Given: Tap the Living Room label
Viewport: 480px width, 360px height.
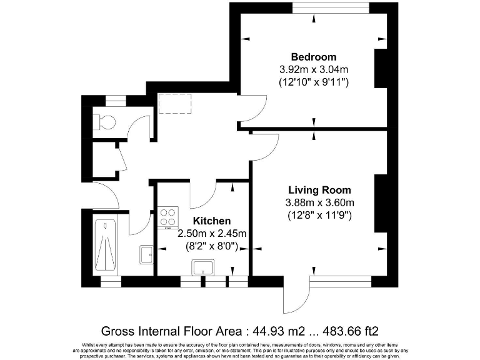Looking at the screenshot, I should [319, 190].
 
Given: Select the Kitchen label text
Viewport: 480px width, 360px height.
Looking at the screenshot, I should [211, 221].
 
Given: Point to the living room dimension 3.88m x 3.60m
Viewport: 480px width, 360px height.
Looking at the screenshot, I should [319, 202].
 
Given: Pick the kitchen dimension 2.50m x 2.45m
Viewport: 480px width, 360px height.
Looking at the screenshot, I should [212, 234].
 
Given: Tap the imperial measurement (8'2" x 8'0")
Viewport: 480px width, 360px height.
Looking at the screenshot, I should [212, 246].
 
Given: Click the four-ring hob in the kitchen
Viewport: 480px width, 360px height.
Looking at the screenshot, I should [168, 217].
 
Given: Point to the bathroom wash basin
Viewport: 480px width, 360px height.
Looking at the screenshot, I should [146, 253].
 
